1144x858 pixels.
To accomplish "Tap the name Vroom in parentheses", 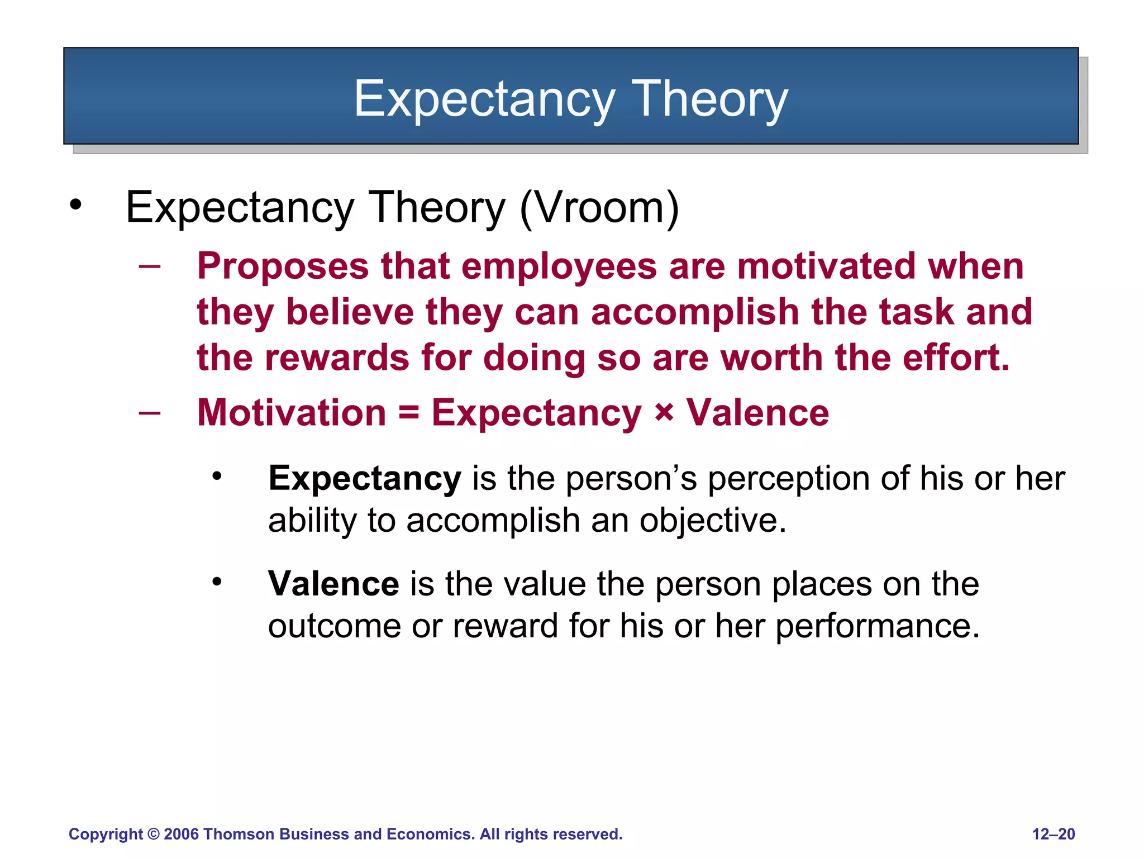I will click(x=599, y=207).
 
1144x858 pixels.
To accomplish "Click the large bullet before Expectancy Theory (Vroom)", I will click(x=75, y=205).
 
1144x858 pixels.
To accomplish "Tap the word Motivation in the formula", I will click(x=292, y=413).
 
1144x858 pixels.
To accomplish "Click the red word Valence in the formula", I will click(x=757, y=413).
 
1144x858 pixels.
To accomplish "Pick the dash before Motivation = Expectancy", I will click(x=150, y=413).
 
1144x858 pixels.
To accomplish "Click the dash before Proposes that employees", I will click(x=150, y=266).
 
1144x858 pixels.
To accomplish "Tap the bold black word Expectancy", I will click(x=364, y=479).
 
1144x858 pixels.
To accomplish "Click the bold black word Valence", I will click(x=333, y=584).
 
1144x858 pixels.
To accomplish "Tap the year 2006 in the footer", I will click(x=181, y=835).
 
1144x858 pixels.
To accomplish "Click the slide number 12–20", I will click(x=1053, y=835).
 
